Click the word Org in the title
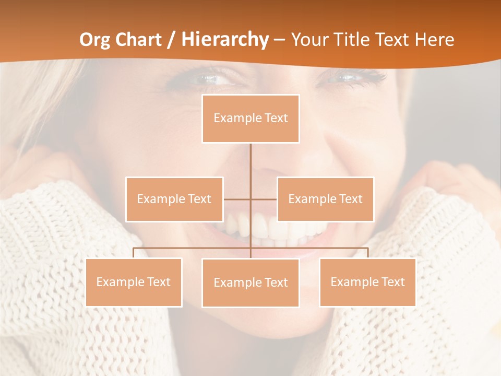pyautogui.click(x=96, y=40)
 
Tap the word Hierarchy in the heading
pyautogui.click(x=225, y=40)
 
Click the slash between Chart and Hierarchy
pyautogui.click(x=171, y=40)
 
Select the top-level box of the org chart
pyautogui.click(x=250, y=119)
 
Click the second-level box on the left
pyautogui.click(x=174, y=199)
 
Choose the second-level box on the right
pyautogui.click(x=325, y=199)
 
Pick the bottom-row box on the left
pyautogui.click(x=134, y=283)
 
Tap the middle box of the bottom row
pyautogui.click(x=250, y=283)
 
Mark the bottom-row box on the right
pyautogui.click(x=367, y=283)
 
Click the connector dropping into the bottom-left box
pyautogui.click(x=134, y=253)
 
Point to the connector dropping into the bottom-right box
pyautogui.click(x=367, y=253)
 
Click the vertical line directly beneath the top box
pyautogui.click(x=250, y=162)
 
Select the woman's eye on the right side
pyautogui.click(x=347, y=78)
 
